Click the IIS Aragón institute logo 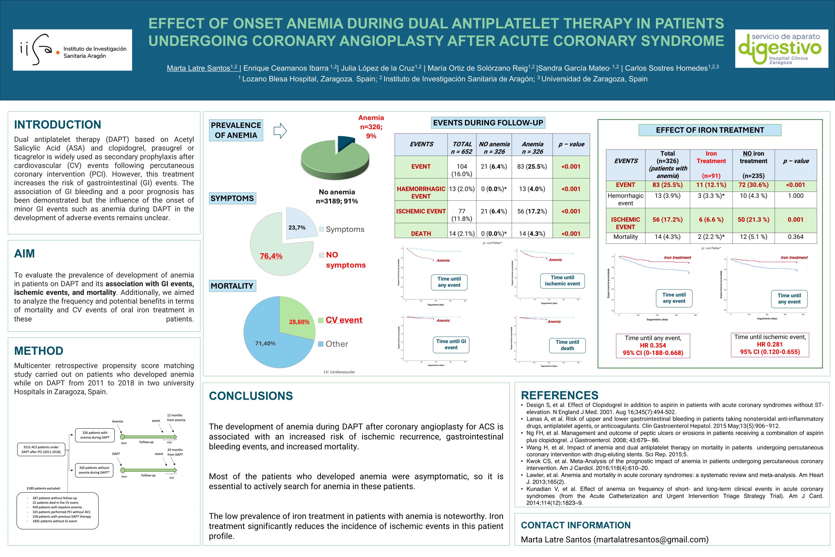click(x=72, y=50)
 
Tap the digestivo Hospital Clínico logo click(x=782, y=49)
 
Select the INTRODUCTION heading click(x=57, y=125)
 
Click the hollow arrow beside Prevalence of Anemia click(x=280, y=131)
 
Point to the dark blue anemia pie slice click(x=345, y=143)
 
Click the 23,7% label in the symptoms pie click(x=297, y=227)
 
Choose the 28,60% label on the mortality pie click(x=299, y=321)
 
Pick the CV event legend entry click(x=343, y=320)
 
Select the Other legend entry click(x=336, y=344)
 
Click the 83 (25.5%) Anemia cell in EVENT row click(x=532, y=167)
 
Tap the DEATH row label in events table click(x=421, y=233)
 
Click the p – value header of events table click(x=571, y=144)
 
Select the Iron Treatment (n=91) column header click(x=711, y=164)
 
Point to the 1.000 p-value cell click(x=795, y=196)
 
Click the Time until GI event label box click(x=451, y=344)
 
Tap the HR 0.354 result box click(x=653, y=345)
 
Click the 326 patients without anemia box click(x=94, y=470)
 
